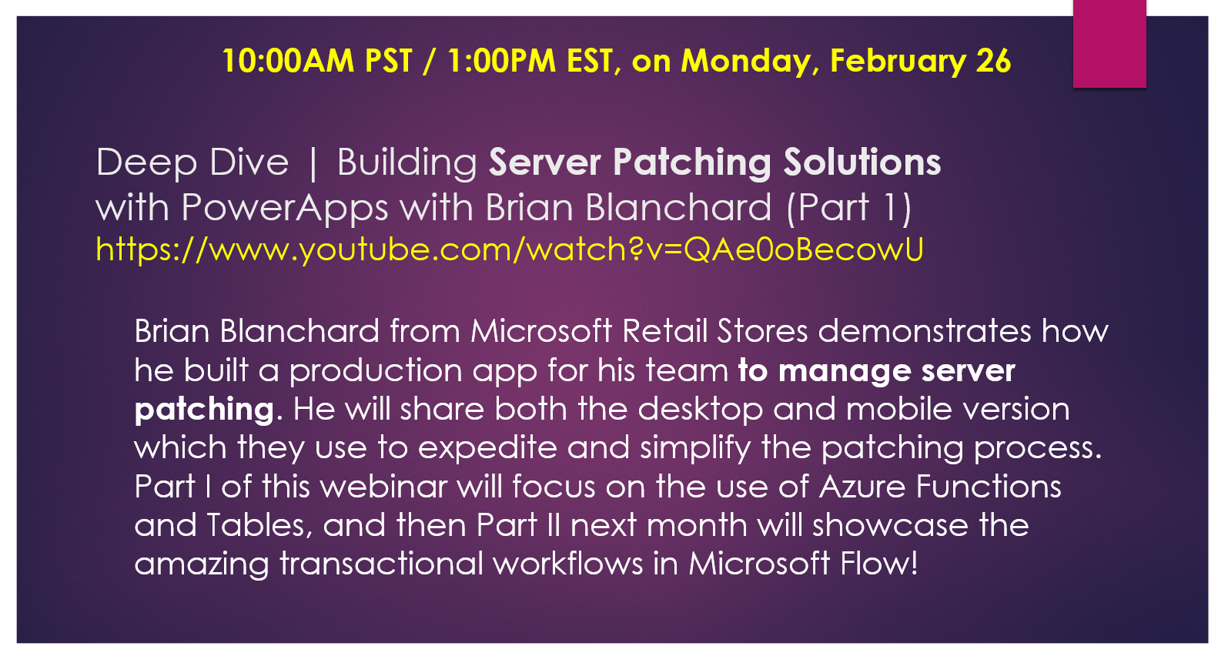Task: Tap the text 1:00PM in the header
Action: tap(501, 61)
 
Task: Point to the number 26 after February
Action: tap(993, 61)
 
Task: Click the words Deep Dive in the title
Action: tap(192, 162)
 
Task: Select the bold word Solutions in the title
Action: tap(862, 162)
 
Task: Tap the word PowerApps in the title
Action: tap(284, 208)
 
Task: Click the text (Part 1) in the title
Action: tap(848, 208)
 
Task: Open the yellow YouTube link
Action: tap(509, 249)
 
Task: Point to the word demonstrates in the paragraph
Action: tap(924, 331)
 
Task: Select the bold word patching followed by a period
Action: tap(204, 410)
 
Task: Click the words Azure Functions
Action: tap(940, 487)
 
